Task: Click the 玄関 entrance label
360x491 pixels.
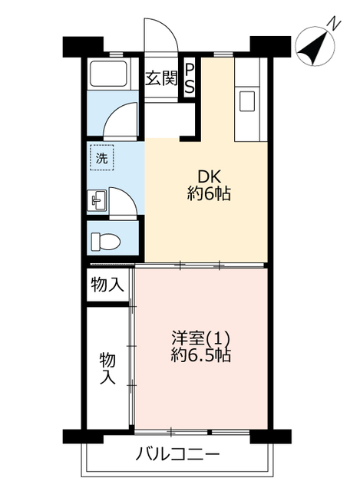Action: [x=161, y=78]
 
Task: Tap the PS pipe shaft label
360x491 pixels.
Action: [x=189, y=78]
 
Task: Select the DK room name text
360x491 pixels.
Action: [x=209, y=177]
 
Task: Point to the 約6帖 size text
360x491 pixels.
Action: [x=209, y=193]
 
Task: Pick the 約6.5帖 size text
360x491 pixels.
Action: [x=201, y=355]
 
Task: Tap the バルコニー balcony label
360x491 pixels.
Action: [x=177, y=453]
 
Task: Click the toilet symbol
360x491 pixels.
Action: [x=105, y=242]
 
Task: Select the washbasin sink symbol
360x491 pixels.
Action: [x=97, y=200]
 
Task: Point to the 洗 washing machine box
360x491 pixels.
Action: [x=102, y=158]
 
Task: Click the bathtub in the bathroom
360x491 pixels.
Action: [x=108, y=74]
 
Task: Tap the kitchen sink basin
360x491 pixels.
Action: [x=247, y=101]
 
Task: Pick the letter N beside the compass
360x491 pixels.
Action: [x=335, y=24]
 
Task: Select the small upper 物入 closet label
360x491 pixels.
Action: [x=107, y=285]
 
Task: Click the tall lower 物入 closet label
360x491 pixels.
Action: [x=107, y=368]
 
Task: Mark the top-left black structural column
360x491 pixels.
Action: [x=83, y=47]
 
